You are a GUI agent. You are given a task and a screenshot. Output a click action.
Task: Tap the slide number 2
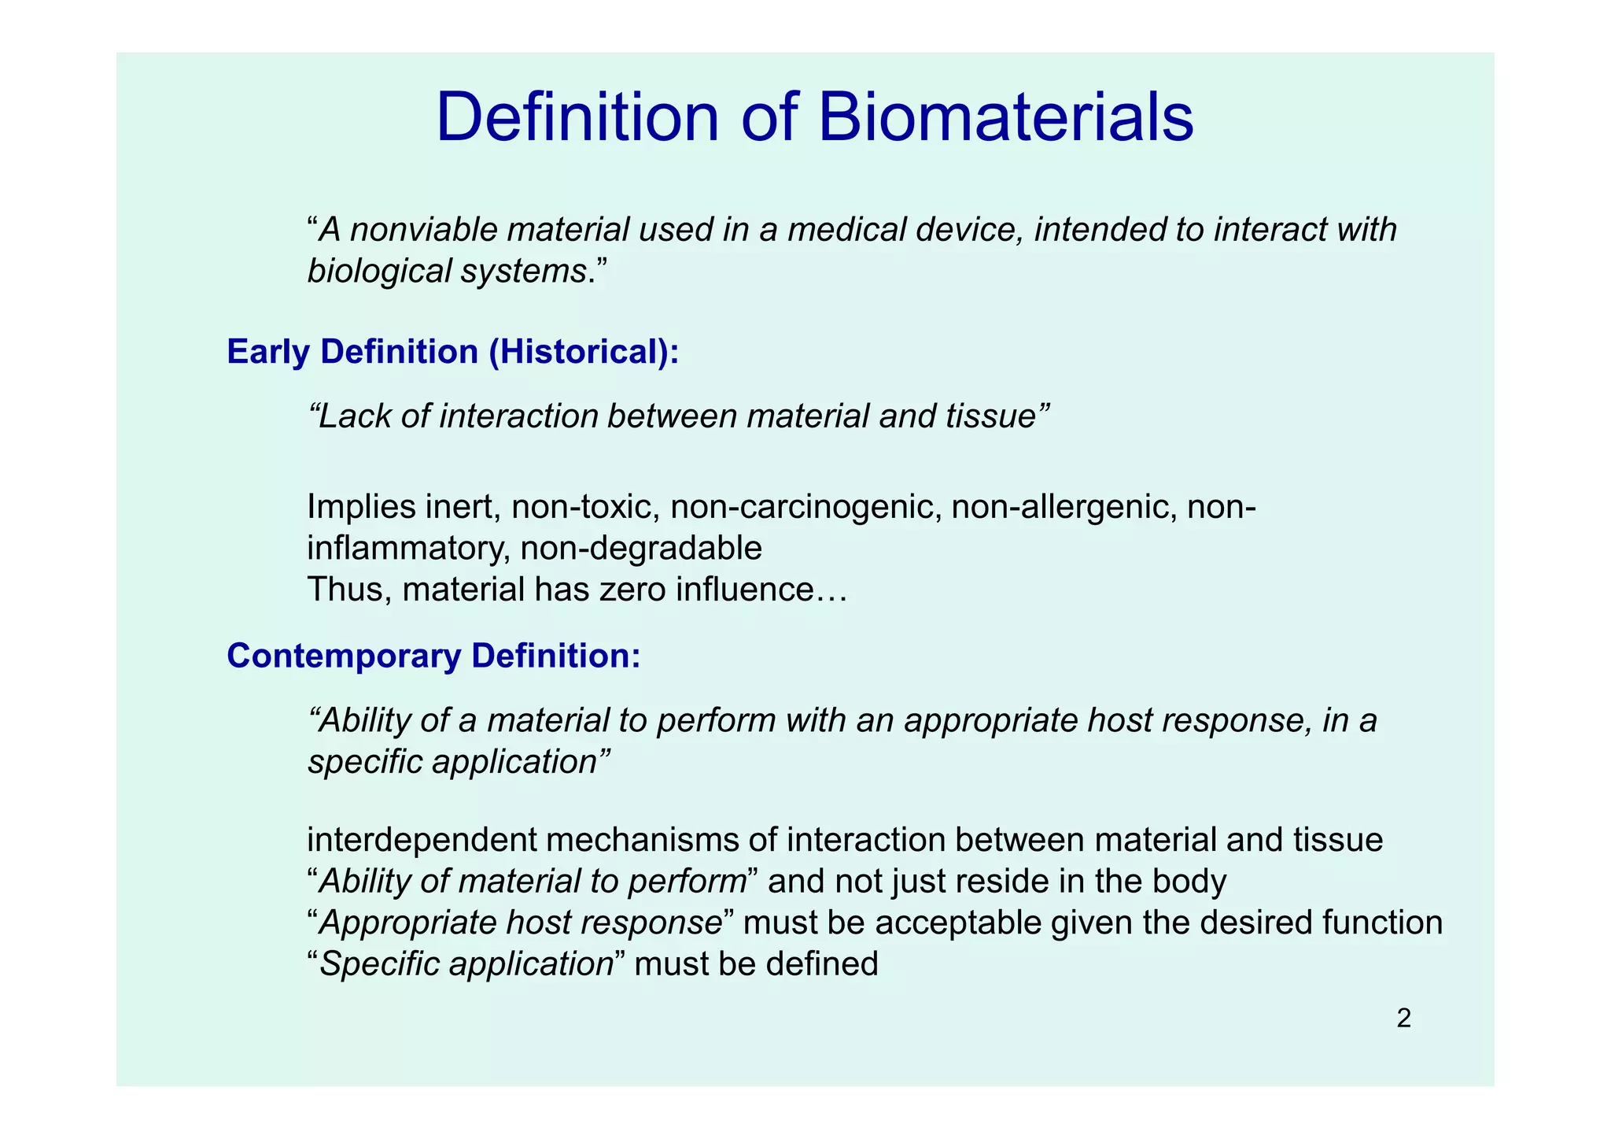[1403, 1019]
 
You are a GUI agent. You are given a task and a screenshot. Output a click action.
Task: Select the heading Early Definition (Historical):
[452, 352]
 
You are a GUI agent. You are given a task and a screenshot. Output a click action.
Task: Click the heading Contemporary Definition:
[433, 656]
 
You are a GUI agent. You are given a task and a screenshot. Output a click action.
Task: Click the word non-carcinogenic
[806, 507]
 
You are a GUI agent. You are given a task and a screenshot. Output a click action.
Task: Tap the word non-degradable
[641, 548]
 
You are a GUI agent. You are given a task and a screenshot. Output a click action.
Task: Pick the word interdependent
[421, 841]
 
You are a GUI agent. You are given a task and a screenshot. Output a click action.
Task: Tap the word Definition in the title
[578, 118]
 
